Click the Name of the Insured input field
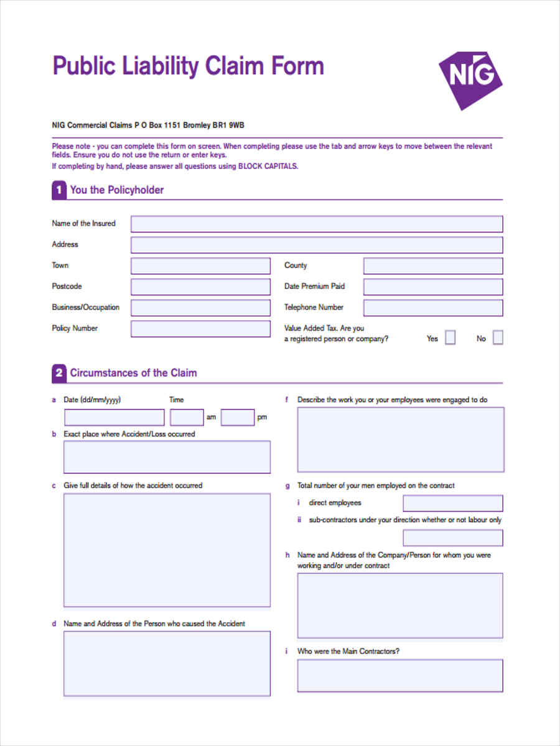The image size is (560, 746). [x=316, y=224]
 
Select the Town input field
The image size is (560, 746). [x=200, y=266]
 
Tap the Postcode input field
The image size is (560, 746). [x=200, y=287]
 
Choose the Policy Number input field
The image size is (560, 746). [x=200, y=329]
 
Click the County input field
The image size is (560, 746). [x=433, y=266]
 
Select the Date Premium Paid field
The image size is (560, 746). [x=433, y=287]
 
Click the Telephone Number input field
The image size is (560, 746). [x=433, y=308]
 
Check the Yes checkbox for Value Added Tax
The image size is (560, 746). [x=450, y=338]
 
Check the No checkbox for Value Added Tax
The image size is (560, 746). [x=498, y=338]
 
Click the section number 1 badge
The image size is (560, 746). [x=58, y=190]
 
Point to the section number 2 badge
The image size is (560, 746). [x=58, y=373]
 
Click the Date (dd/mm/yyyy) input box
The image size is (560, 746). [x=114, y=417]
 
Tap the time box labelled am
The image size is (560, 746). [x=187, y=417]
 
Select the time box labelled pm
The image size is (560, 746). [x=238, y=417]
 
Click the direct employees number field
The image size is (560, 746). [x=452, y=503]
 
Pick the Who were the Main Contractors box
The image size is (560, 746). [x=400, y=676]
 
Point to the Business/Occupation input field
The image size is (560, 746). [x=200, y=308]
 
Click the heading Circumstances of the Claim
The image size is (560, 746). [x=133, y=373]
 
